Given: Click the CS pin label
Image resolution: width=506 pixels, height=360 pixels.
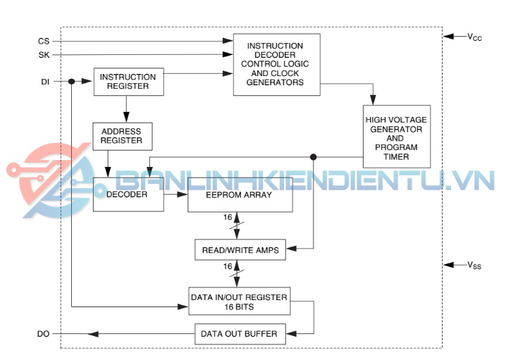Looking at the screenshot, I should (44, 42).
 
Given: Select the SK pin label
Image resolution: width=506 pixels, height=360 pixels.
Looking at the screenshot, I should (44, 54).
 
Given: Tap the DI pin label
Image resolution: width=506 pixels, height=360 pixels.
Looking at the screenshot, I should (44, 82).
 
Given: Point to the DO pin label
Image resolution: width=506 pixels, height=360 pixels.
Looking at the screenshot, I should (44, 333).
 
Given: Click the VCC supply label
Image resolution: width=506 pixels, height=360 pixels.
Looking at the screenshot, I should (474, 37).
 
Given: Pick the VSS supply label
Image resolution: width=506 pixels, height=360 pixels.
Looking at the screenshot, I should (474, 266).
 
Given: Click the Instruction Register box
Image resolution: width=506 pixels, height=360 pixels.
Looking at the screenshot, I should (128, 82).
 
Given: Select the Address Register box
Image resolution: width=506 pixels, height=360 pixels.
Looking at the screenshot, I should (121, 136).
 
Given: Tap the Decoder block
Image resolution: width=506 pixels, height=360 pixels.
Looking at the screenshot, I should (127, 194).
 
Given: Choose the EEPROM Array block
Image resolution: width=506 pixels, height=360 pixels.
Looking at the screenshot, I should (240, 195).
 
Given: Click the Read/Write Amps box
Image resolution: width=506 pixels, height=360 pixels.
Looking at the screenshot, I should (240, 249).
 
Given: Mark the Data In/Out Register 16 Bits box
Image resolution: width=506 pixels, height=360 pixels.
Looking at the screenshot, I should (239, 302).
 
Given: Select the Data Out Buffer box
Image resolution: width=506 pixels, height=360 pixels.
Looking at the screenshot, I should (240, 333).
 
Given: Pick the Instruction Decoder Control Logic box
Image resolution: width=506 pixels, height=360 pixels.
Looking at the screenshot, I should (276, 64).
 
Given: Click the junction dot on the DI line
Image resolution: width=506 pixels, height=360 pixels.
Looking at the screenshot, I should (72, 82).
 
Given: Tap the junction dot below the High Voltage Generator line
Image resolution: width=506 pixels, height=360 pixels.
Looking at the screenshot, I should (314, 156).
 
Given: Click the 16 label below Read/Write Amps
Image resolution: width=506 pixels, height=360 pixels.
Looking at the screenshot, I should (227, 266).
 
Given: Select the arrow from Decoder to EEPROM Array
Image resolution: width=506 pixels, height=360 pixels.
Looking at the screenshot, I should (175, 194).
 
